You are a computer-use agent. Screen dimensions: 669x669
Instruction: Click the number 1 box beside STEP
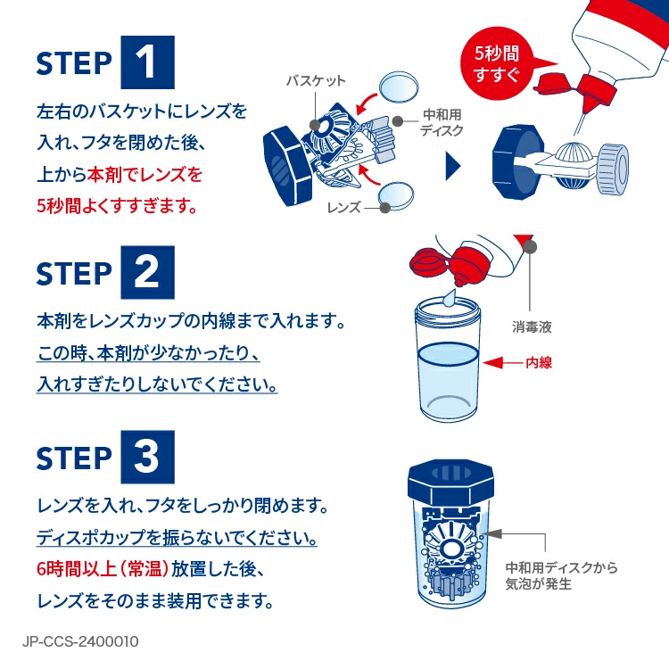click(147, 62)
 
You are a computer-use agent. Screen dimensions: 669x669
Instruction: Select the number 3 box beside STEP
click(147, 458)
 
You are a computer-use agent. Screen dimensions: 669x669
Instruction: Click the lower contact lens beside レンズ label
click(398, 194)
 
